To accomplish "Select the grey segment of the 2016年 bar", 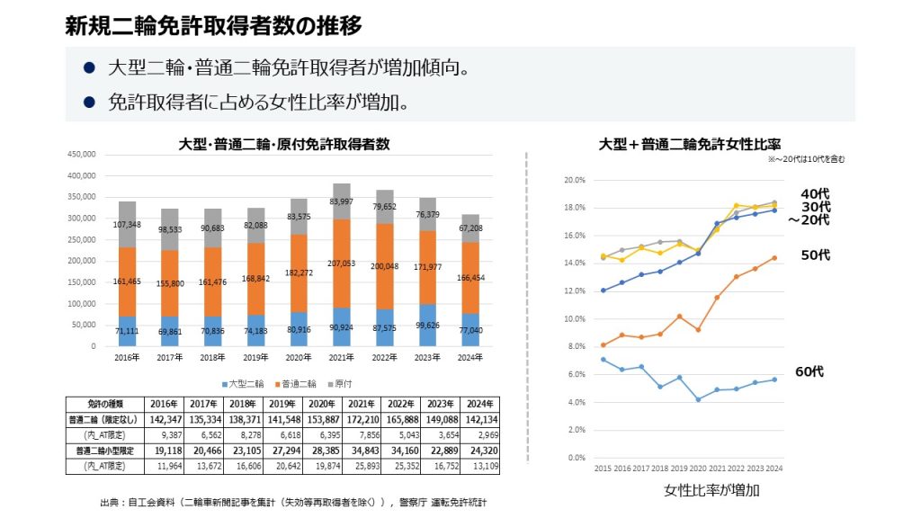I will (x=127, y=225).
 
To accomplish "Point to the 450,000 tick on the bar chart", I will (x=82, y=154).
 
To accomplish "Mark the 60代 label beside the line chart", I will (x=809, y=371).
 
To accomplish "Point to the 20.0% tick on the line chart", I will (x=573, y=181).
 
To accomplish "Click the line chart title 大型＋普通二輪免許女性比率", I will (x=689, y=144).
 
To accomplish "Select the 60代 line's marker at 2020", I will (x=697, y=399).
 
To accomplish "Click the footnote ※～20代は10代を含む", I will (x=806, y=159).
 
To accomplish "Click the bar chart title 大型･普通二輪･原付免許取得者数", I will (x=284, y=144).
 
